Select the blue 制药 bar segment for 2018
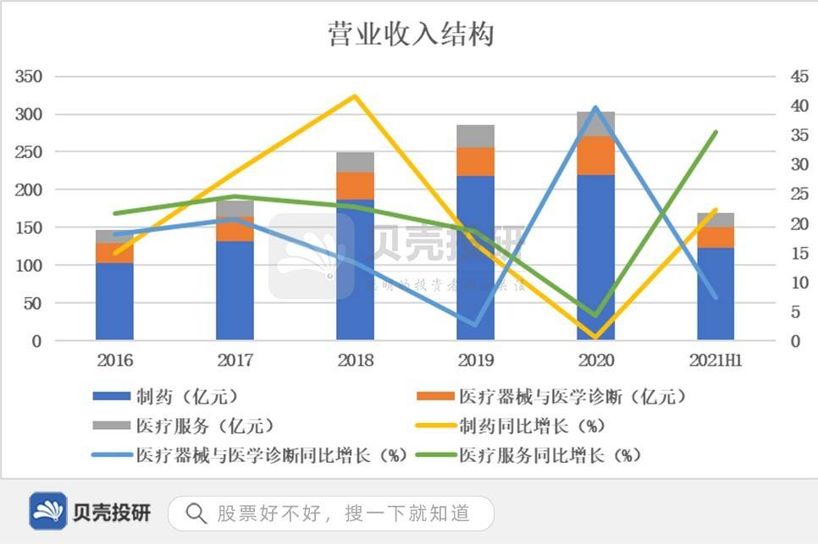(355, 271)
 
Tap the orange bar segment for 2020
(596, 156)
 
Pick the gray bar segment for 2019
(476, 136)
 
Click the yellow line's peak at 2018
(355, 96)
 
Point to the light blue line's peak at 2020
(596, 107)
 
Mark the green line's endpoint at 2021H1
(716, 132)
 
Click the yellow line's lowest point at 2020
(596, 338)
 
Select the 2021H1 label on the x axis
(716, 361)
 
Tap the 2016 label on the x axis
(114, 361)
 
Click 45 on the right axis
(799, 77)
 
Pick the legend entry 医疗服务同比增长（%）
(550, 455)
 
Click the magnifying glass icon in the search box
(196, 513)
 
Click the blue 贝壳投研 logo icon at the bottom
(48, 512)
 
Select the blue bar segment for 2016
(114, 302)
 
